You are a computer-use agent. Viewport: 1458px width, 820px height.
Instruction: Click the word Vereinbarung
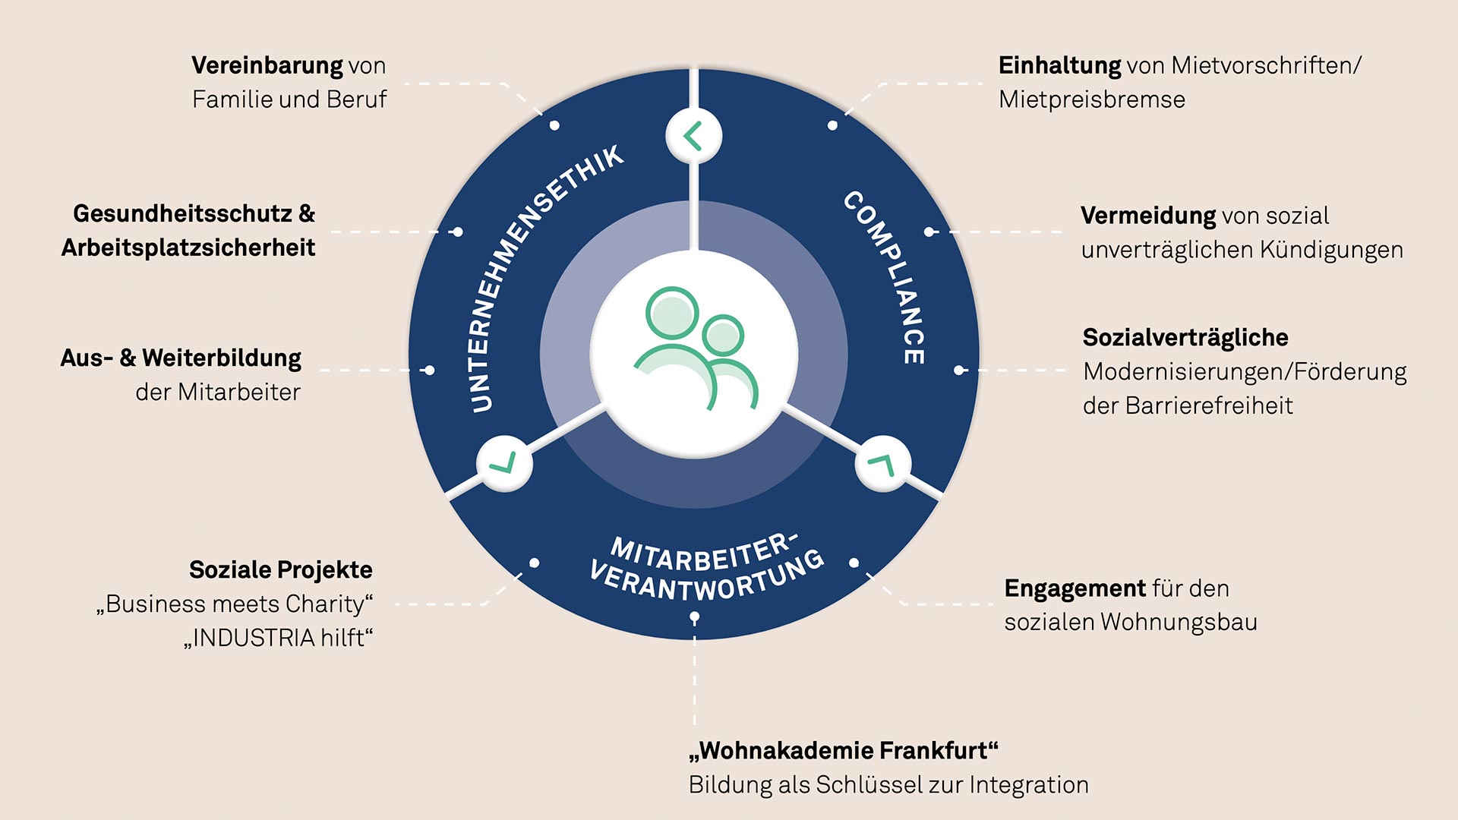click(267, 67)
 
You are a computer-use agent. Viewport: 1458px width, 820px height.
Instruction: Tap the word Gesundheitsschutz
click(182, 213)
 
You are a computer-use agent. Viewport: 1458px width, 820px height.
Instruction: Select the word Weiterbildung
click(222, 359)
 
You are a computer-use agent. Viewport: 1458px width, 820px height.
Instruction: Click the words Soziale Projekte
click(281, 570)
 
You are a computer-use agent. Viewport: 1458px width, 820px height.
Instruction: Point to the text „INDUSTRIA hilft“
click(279, 638)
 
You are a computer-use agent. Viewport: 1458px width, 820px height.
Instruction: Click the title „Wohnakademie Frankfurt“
click(844, 751)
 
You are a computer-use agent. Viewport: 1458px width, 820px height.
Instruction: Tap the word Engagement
click(1075, 590)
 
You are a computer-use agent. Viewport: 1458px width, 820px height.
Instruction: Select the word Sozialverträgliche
click(1185, 339)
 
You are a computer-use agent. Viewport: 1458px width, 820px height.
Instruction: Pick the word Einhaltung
click(1059, 67)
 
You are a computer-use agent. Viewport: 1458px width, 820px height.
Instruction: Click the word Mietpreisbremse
click(1092, 100)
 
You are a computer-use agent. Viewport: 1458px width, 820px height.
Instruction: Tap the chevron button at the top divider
click(693, 136)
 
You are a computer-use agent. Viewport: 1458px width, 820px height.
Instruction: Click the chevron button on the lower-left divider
click(504, 462)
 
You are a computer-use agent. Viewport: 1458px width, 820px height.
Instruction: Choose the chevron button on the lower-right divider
click(883, 462)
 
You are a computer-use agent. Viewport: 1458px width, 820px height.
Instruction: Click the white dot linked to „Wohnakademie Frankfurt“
click(695, 618)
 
